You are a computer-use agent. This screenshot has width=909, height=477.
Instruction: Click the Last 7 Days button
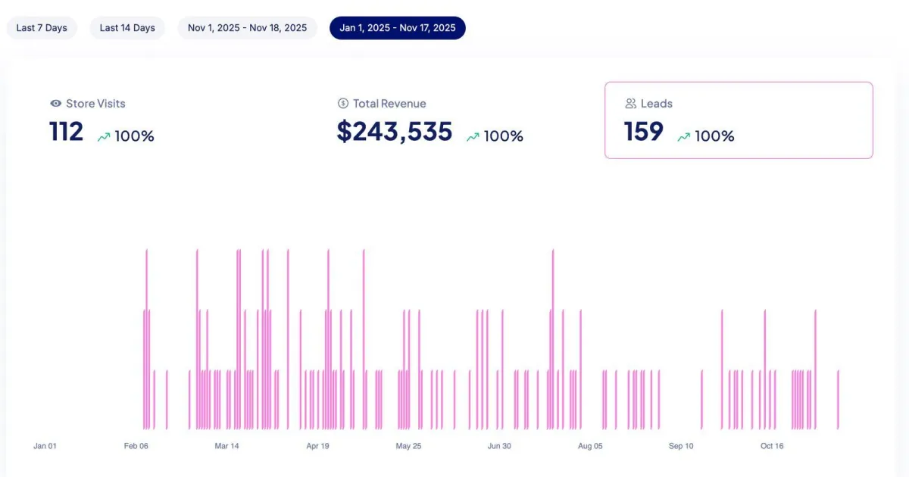click(x=42, y=28)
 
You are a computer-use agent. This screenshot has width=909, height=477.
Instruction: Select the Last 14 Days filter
click(x=127, y=28)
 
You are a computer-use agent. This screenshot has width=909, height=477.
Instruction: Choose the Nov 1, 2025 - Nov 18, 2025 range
click(x=248, y=28)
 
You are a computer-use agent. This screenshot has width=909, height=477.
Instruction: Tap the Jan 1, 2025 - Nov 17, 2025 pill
click(x=398, y=28)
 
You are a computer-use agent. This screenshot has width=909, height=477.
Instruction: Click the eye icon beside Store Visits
click(x=55, y=104)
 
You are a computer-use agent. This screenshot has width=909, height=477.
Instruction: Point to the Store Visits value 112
click(x=67, y=132)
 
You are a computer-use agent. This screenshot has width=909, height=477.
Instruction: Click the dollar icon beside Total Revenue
click(x=342, y=104)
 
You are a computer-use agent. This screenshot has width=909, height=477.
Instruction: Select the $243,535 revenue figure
click(x=395, y=132)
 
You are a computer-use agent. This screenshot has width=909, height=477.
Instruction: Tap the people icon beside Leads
click(x=630, y=104)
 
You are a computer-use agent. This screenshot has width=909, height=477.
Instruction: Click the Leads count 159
click(x=644, y=132)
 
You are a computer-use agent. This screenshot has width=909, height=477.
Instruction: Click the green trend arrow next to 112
click(x=104, y=137)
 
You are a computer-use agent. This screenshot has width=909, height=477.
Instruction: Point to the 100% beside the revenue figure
click(x=504, y=137)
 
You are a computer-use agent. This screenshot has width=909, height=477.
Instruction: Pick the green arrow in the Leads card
click(x=683, y=137)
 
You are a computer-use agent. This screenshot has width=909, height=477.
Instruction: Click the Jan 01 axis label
click(x=45, y=446)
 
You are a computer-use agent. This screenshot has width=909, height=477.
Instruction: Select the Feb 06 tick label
click(x=136, y=446)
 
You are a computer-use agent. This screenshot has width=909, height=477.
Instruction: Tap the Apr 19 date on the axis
click(x=317, y=446)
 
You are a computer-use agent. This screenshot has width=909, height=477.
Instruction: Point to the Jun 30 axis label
click(x=499, y=446)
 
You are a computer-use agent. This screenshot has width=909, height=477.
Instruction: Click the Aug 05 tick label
click(x=590, y=446)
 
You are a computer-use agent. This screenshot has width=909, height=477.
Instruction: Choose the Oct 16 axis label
click(x=772, y=446)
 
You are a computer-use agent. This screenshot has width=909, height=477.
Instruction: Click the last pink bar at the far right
click(x=838, y=400)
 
